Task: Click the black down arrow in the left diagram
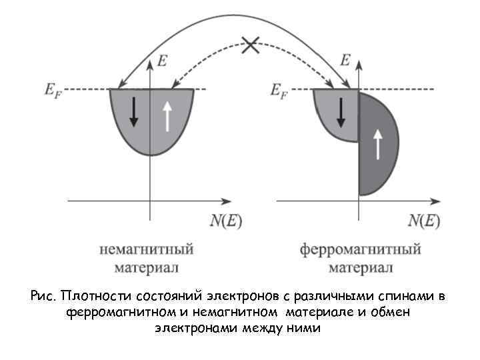134,112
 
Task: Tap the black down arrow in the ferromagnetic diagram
341,112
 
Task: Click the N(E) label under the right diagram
424,220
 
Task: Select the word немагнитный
145,250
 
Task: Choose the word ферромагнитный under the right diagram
360,250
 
